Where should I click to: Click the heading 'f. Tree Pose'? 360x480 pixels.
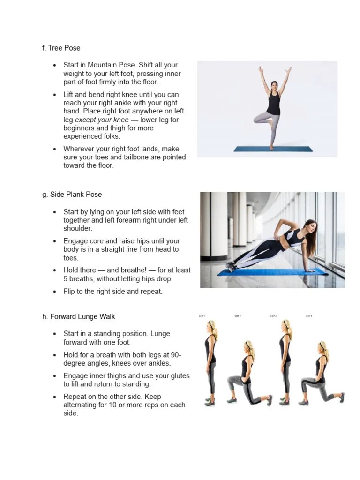point(61,48)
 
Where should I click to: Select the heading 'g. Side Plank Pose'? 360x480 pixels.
point(72,195)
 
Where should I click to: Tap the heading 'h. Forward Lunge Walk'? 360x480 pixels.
point(78,317)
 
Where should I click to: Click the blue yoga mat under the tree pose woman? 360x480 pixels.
point(272,149)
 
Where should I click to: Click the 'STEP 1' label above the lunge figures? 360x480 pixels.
point(202,316)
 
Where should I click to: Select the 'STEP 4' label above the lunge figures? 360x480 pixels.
point(309,316)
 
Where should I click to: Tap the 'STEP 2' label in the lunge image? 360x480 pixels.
point(238,316)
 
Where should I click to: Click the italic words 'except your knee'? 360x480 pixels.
point(101,120)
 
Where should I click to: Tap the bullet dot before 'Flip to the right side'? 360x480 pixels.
point(54,292)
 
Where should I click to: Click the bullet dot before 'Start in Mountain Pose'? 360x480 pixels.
point(54,65)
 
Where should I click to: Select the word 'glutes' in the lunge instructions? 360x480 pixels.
point(180,376)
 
